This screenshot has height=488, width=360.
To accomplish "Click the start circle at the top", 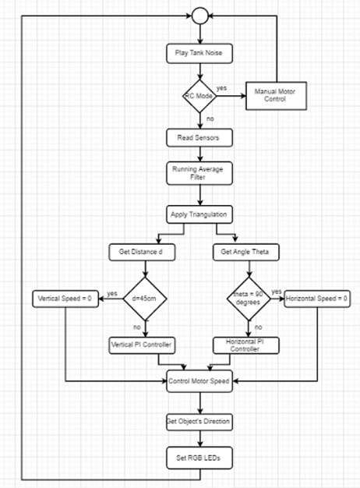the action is (200, 16).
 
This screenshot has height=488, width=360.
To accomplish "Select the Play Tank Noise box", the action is (199, 53).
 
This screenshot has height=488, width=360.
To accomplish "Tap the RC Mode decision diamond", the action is (199, 96).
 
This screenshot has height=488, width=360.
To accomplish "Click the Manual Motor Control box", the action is (276, 96).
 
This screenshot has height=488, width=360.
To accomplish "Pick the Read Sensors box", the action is (199, 137).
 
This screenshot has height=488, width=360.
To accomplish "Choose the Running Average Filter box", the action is (199, 173).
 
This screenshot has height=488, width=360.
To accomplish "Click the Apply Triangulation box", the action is (199, 214).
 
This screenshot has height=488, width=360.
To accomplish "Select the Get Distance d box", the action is (142, 252).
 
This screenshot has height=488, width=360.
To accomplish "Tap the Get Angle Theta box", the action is (245, 252).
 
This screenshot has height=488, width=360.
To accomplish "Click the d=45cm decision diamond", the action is (145, 299).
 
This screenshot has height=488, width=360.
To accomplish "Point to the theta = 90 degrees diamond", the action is (249, 299).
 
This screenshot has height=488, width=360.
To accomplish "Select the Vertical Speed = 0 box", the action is (65, 299).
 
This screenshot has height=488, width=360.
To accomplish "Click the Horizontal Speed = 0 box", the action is (317, 299).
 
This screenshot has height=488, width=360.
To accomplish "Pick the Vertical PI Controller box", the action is (142, 345).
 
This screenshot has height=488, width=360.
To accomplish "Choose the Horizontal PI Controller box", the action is (245, 345).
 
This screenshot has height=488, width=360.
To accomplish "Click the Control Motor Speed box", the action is (199, 381).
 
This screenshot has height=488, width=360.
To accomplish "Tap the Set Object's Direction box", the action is (199, 422).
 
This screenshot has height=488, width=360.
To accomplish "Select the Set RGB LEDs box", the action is (199, 458).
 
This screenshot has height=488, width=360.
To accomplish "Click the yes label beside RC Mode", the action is (221, 88).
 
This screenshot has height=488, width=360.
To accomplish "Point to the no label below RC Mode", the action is (210, 118).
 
